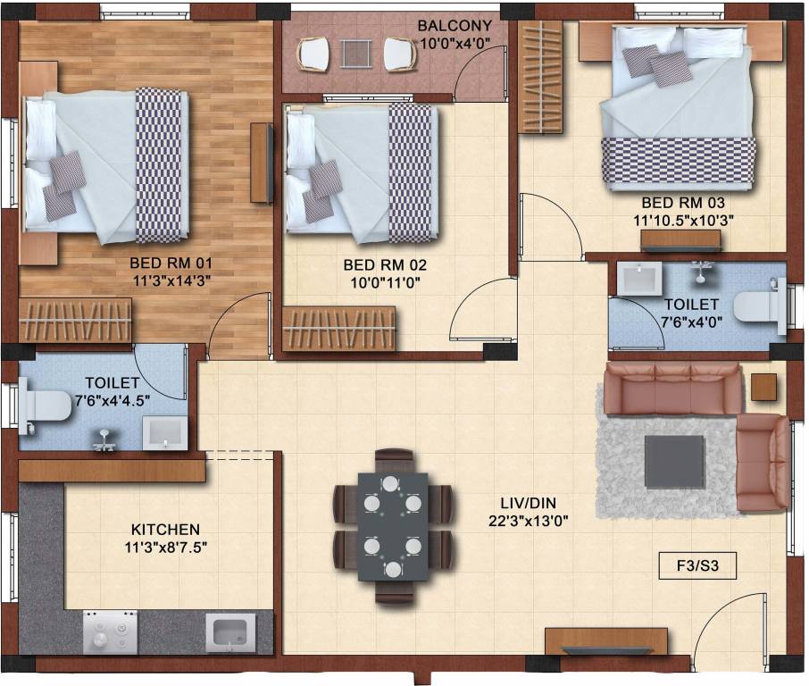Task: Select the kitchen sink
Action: [x=230, y=632]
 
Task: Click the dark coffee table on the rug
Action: [x=673, y=461]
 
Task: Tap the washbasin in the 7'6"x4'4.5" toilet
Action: [x=165, y=432]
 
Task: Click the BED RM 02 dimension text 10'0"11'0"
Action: [x=385, y=282]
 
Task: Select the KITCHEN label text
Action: [x=165, y=530]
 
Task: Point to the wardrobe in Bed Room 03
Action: [x=542, y=78]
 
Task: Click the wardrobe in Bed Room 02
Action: [x=339, y=327]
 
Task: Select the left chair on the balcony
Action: [x=313, y=54]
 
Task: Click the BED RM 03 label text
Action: [x=684, y=203]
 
